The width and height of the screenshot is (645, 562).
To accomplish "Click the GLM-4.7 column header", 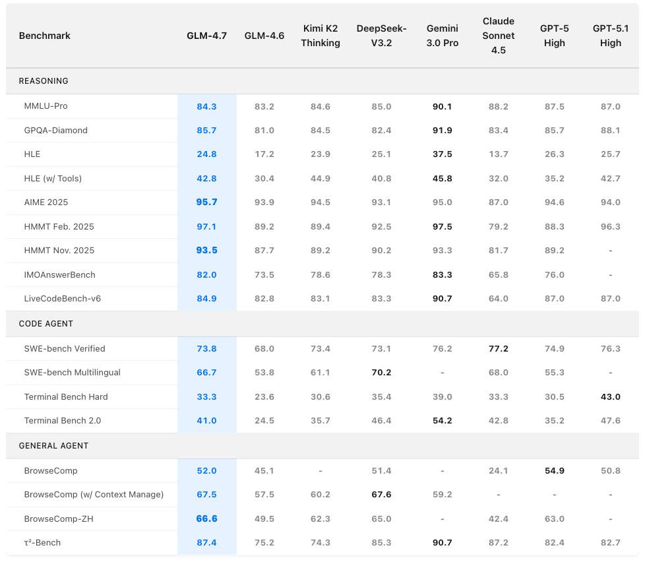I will pos(206,36).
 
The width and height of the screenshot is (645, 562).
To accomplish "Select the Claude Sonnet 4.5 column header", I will pos(499,36).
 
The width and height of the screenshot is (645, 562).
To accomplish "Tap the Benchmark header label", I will pos(45,36).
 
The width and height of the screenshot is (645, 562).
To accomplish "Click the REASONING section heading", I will pos(44,81).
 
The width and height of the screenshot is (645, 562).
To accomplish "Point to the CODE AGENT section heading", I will pos(46,324).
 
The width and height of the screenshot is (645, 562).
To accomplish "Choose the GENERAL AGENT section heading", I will pos(53,446).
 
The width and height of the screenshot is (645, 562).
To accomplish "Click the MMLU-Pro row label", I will pos(46,106).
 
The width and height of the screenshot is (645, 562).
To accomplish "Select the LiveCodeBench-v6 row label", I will pos(62,299).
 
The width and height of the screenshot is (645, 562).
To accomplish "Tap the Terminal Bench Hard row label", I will pos(66,396).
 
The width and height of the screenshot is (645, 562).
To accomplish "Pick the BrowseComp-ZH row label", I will pos(59,518).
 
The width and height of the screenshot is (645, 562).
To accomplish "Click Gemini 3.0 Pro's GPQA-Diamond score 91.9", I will pos(442,131).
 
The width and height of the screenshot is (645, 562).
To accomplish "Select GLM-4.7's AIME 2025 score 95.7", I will pos(206,203).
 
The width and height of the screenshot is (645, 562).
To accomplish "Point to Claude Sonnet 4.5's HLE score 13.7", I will pos(499,154).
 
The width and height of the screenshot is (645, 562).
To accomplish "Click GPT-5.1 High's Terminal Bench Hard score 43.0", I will pos(611,396).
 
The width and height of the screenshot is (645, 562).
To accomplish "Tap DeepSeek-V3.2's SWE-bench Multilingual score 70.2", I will pos(381,373).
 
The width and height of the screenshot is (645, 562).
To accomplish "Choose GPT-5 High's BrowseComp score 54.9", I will pos(555,471).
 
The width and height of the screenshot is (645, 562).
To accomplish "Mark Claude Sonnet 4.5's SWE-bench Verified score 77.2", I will pos(499,348).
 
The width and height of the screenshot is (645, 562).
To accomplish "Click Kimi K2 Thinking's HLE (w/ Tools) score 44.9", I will pos(321,179).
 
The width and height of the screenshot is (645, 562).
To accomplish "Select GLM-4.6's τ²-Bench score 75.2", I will pos(264,543).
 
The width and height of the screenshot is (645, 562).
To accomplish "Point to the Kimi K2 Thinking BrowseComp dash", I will pos(321,471).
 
